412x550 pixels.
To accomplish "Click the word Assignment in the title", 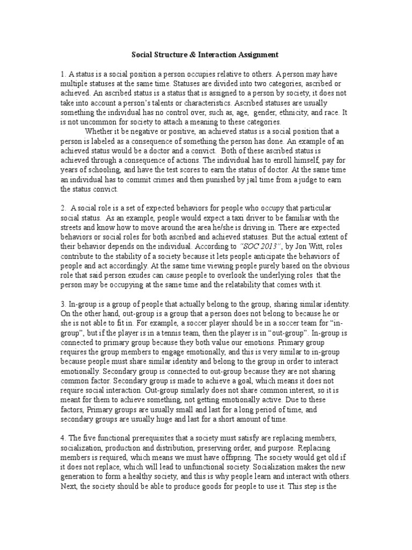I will (x=256, y=55).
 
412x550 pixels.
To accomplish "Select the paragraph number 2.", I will (x=62, y=208).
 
